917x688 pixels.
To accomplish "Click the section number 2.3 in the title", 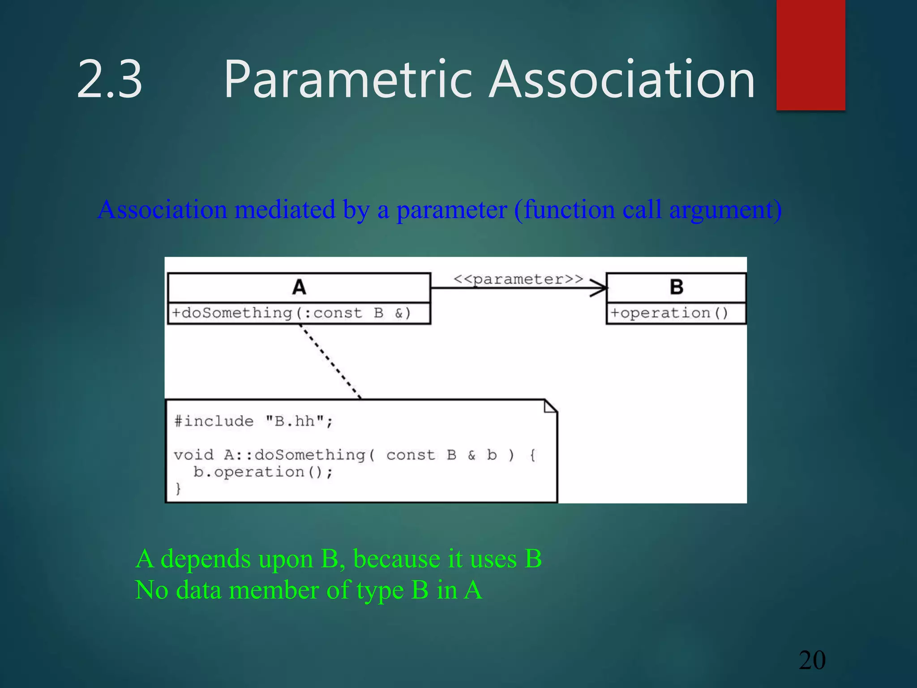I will point(110,80).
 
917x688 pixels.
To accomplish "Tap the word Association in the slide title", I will point(622,80).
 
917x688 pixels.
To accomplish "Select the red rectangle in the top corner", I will point(810,54).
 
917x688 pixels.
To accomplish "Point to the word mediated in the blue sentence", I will point(285,209).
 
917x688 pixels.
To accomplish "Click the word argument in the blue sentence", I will point(725,209).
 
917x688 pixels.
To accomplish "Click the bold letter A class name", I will point(299,287).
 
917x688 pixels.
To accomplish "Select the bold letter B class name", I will point(676,287).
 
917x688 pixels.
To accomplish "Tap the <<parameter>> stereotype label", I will point(518,279).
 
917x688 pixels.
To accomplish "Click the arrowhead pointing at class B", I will point(600,288).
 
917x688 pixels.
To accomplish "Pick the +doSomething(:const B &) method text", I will point(291,313).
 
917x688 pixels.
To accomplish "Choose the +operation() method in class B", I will point(669,313).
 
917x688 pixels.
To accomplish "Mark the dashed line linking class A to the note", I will point(330,361).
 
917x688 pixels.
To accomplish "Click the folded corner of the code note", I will point(550,406).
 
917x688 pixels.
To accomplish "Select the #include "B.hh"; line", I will point(253,421).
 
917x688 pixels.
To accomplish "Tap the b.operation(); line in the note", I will point(263,472).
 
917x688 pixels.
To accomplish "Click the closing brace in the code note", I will point(178,488).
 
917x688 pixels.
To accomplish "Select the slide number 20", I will point(812,660).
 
